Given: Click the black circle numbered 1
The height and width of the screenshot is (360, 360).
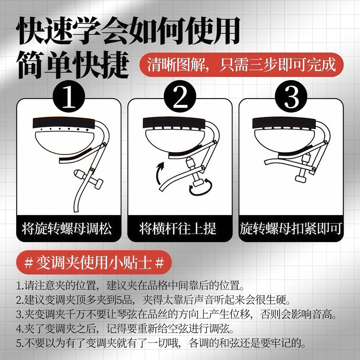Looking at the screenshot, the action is [x=69, y=96].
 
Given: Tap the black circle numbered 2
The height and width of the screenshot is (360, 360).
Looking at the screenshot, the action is [x=180, y=96].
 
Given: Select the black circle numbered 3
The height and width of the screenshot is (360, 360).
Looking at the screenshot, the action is [x=291, y=96].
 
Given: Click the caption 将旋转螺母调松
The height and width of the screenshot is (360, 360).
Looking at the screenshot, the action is [x=67, y=229].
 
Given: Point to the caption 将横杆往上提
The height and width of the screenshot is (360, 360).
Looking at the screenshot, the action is [x=178, y=229].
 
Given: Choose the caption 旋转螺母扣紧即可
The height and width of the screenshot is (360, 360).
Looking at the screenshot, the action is [x=291, y=229].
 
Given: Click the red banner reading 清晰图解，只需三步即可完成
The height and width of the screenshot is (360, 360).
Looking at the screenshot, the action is [x=242, y=65].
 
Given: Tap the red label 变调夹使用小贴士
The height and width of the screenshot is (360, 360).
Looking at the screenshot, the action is [x=94, y=262].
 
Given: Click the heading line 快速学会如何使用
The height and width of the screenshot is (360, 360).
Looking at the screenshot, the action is [x=129, y=31].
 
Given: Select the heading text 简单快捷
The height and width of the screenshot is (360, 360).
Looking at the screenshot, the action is [x=73, y=65].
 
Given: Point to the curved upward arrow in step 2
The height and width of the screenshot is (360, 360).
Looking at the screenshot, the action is [x=159, y=173].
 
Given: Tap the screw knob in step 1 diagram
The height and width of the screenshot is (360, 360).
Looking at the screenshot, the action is [x=89, y=179].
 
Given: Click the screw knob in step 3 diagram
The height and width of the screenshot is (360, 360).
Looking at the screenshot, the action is [x=303, y=168].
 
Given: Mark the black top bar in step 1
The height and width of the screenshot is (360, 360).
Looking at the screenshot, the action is [x=64, y=123].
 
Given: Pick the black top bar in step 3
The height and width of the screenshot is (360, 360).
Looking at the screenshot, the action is [x=284, y=123].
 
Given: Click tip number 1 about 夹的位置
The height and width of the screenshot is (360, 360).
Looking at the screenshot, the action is [x=130, y=285].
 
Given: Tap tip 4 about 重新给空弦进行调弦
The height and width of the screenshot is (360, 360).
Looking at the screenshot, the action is [x=125, y=329].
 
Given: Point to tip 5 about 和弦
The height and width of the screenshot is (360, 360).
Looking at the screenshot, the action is [x=161, y=343].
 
